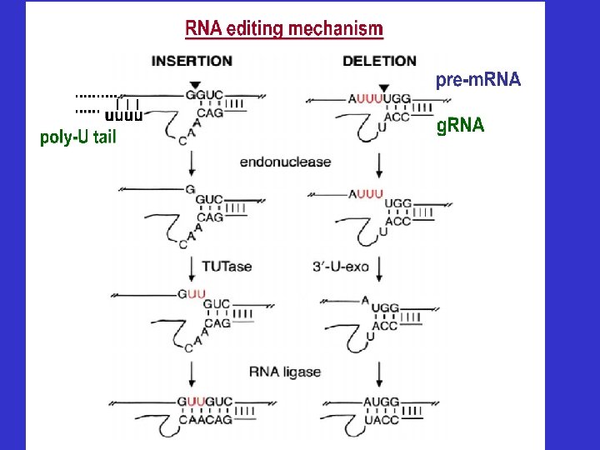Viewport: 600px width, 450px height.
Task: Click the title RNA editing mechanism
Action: pos(284,29)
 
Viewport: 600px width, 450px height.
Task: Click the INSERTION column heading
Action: pos(192,61)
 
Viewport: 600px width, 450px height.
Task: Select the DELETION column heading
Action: pos(379,61)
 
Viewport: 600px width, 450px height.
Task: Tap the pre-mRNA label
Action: pos(478,80)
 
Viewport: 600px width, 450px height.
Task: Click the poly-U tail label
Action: pos(77,138)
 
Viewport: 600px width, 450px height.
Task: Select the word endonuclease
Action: pos(285,162)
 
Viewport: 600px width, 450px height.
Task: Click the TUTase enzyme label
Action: pos(227,267)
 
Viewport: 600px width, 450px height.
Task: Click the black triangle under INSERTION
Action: pos(194,85)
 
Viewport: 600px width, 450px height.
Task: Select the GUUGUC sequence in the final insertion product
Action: pos(204,402)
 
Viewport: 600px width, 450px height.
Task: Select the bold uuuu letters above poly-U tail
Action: pos(124,117)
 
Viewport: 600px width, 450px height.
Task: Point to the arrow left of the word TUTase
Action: pos(192,266)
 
